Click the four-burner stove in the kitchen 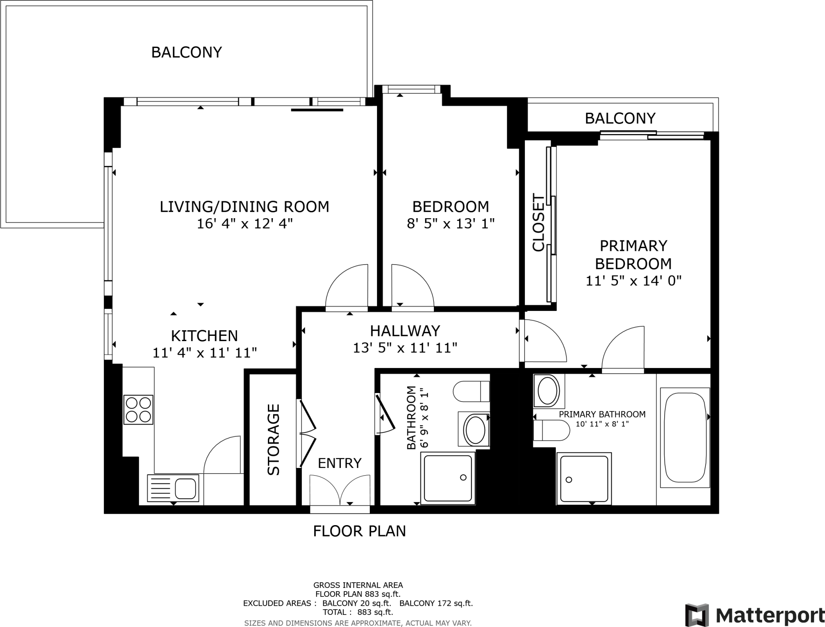(139, 410)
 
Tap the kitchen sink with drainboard (173, 488)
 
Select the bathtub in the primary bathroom (685, 438)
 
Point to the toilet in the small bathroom (471, 391)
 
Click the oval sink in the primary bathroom (548, 390)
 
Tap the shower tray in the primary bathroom (584, 478)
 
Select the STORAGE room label (274, 439)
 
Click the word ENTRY (340, 463)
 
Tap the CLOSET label (538, 223)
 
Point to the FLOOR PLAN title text (359, 531)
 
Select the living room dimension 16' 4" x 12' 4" (245, 223)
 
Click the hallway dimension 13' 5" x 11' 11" (405, 348)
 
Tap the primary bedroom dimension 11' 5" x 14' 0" (633, 281)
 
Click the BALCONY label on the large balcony (187, 52)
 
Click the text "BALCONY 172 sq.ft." (436, 603)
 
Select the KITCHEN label (204, 336)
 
